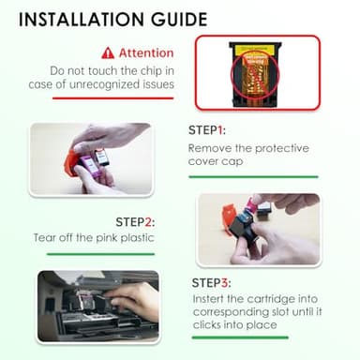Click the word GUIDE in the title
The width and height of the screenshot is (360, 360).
179,20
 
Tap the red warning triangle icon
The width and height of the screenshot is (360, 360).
108,53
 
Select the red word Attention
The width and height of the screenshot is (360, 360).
146,52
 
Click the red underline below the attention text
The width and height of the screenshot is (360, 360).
112,98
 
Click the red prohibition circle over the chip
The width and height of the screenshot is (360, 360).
255,75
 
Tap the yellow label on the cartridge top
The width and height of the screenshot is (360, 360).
254,49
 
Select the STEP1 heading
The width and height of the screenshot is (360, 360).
207,130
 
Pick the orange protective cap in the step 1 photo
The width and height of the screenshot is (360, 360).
71,163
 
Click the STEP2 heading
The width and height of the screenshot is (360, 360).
135,222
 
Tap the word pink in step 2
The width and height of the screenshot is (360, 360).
107,238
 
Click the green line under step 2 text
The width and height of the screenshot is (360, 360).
100,254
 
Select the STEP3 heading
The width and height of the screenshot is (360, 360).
211,283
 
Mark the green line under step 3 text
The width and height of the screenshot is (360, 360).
240,337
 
